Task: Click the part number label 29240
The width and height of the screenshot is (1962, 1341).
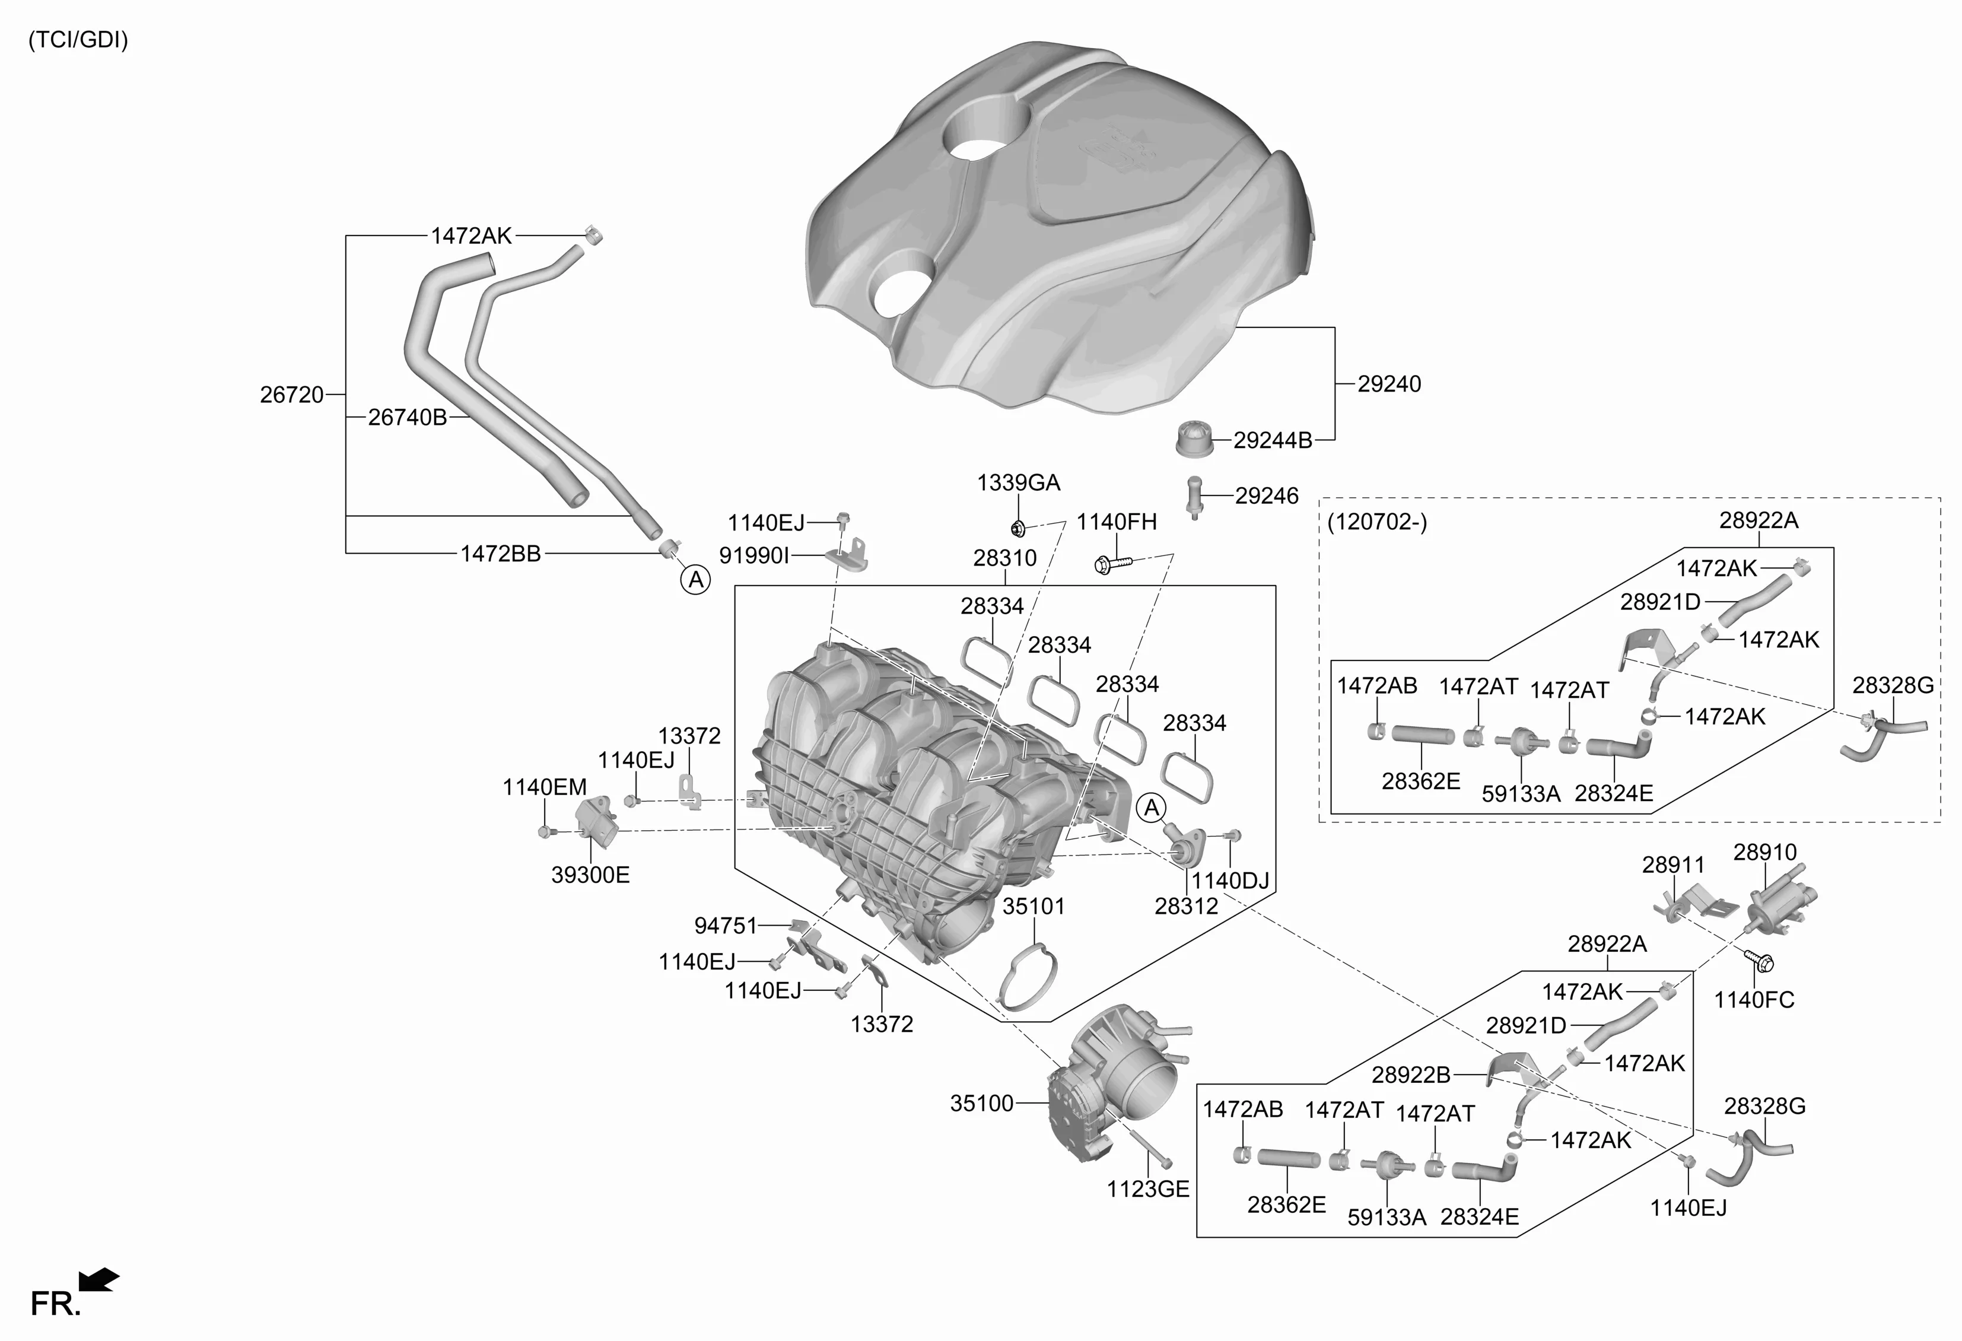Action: click(1389, 384)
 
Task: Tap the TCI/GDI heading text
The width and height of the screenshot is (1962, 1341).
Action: click(78, 40)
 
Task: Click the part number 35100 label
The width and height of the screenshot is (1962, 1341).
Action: click(981, 1104)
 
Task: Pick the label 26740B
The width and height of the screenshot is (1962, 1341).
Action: click(407, 417)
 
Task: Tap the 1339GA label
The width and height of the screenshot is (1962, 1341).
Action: click(1018, 483)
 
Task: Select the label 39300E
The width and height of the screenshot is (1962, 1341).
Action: click(590, 875)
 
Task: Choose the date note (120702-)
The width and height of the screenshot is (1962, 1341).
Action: click(1377, 522)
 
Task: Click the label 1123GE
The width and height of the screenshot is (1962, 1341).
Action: click(1147, 1189)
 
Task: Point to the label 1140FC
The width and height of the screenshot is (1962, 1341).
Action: click(1754, 1000)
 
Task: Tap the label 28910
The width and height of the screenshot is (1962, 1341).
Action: click(1764, 852)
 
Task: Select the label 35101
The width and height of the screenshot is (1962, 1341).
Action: click(1034, 906)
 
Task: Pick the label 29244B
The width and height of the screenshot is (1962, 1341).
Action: click(1272, 441)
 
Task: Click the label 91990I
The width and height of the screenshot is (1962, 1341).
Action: click(753, 555)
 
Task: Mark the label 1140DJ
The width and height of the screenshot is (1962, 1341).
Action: click(1229, 881)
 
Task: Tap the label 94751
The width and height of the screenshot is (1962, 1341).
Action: click(725, 926)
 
